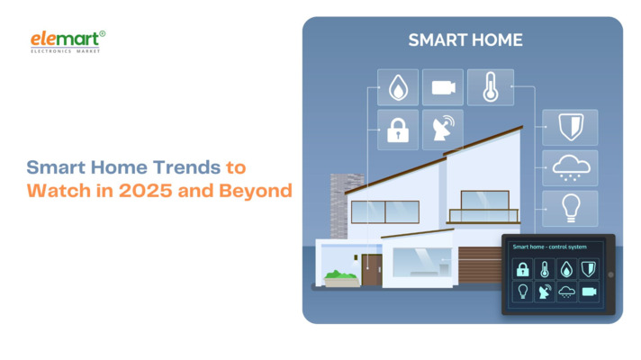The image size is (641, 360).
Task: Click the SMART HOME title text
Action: pos(465,40)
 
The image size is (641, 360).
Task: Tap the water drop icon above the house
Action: pos(397,87)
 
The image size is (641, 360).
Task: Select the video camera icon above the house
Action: pos(442,87)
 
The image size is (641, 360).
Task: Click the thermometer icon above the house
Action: pos(490,87)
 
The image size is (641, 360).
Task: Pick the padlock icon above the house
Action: pos(397,130)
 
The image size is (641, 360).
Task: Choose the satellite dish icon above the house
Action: pos(442,130)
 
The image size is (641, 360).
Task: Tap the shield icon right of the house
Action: pos(569,128)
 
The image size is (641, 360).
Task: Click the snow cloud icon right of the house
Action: pos(569,168)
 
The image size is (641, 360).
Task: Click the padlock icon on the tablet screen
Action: pos(522,269)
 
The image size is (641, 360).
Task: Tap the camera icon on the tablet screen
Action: pos(590,292)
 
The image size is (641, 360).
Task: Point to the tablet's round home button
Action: pos(610,274)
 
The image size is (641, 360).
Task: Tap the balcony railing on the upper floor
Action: pos(483,215)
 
